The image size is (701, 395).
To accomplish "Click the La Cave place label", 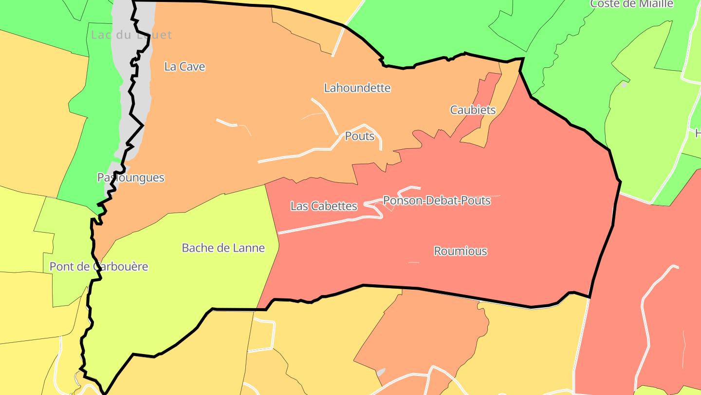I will [x=184, y=67].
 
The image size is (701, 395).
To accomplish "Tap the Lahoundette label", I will [x=357, y=88].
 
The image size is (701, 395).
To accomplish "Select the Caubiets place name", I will [x=473, y=110].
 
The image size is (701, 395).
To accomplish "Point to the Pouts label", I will [x=360, y=137].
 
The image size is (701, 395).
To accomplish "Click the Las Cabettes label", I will [x=324, y=206].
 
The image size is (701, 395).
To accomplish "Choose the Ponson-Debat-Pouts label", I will [x=437, y=200].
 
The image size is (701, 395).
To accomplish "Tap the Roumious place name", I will [x=461, y=251].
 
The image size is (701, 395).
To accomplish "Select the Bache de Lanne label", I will [x=223, y=248].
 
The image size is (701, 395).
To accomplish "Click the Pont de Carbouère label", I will [x=99, y=267].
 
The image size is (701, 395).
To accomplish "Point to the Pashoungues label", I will [x=131, y=178].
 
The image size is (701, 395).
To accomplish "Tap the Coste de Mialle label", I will [x=631, y=4].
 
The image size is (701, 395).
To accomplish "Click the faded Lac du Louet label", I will [x=131, y=35].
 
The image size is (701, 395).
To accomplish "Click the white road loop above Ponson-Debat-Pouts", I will [x=409, y=188].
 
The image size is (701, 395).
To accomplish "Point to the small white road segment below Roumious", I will [x=414, y=262].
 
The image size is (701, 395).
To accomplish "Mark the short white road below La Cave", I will [x=226, y=122].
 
